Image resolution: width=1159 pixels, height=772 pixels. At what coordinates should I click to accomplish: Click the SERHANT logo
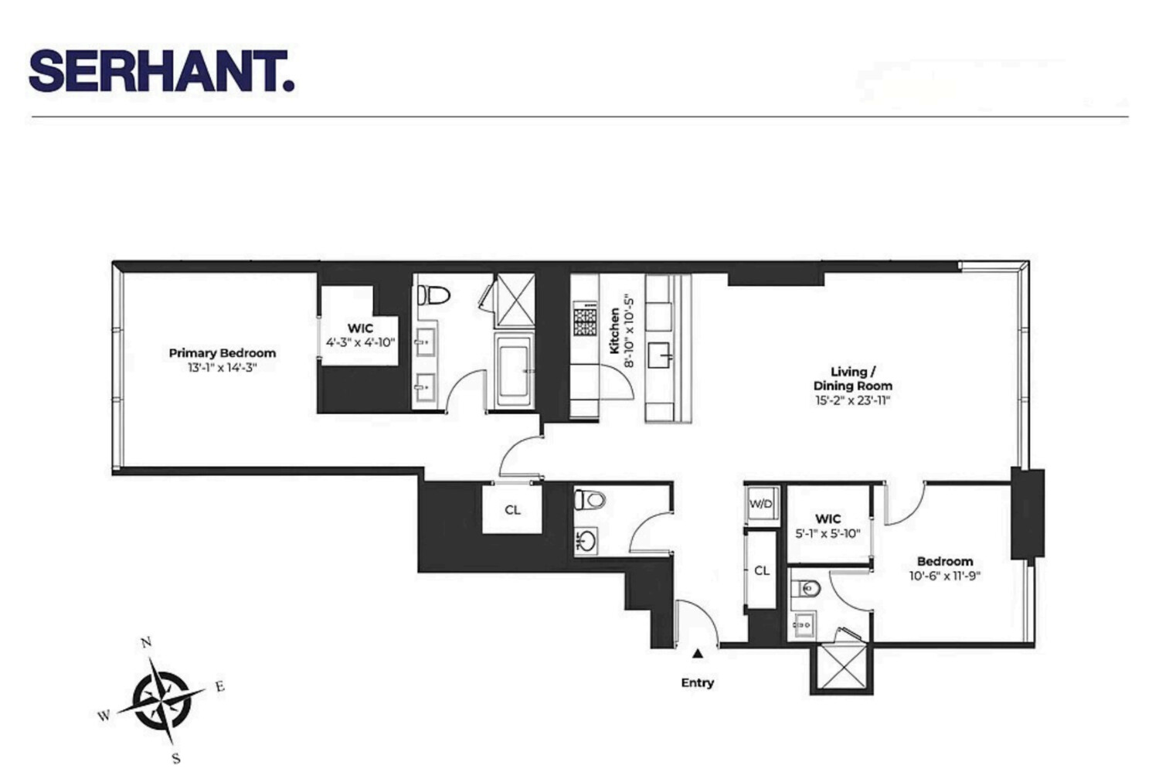tap(161, 71)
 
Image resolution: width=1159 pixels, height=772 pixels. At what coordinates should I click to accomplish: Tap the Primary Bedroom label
tap(223, 353)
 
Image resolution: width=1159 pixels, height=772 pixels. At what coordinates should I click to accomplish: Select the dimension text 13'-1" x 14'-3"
tap(222, 368)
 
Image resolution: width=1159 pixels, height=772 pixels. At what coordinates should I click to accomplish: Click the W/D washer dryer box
tap(761, 504)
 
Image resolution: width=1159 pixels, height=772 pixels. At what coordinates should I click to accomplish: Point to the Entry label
tap(697, 682)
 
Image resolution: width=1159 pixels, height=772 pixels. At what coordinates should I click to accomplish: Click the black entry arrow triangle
tap(698, 654)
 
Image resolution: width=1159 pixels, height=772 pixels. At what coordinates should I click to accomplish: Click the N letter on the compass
tap(145, 642)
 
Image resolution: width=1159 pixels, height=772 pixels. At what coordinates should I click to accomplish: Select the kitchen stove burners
tap(585, 318)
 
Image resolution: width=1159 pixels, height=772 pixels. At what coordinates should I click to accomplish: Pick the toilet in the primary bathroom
tap(434, 294)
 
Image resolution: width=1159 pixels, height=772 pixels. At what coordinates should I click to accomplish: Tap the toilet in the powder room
tap(589, 500)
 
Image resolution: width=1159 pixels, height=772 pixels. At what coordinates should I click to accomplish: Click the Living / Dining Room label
tap(852, 379)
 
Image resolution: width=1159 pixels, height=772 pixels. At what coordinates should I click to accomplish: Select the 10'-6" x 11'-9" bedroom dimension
tap(945, 576)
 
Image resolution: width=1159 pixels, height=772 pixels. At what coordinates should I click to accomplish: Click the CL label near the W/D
tap(762, 570)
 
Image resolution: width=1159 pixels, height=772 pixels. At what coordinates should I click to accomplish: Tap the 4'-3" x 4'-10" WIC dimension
tap(361, 342)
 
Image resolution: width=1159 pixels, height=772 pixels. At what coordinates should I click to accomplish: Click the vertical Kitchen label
tap(615, 331)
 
